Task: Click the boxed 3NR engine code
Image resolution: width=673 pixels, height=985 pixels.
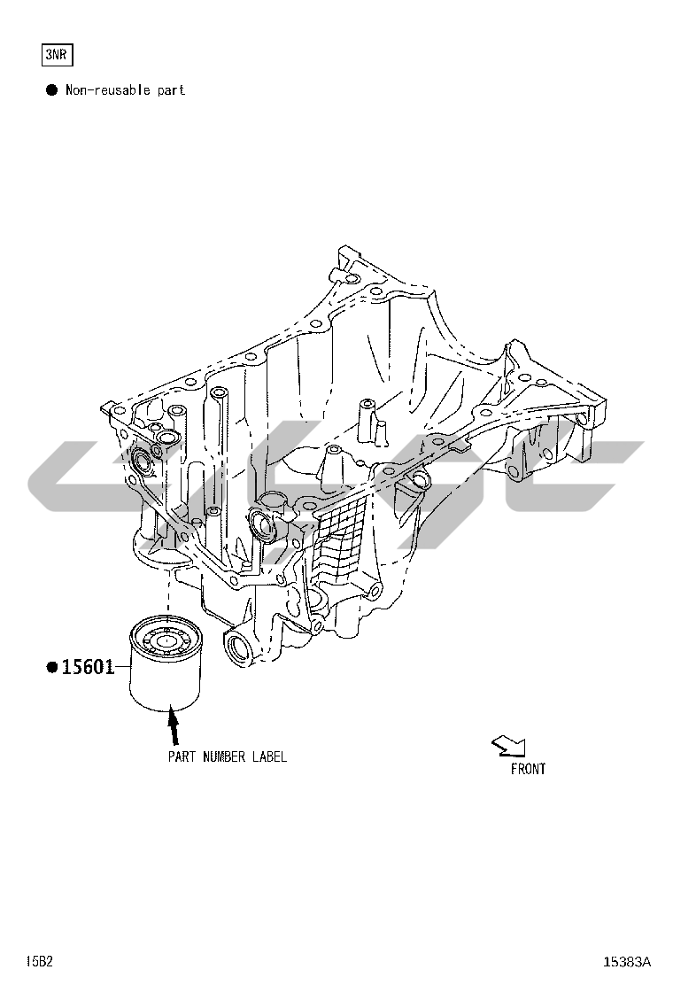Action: pos(58,55)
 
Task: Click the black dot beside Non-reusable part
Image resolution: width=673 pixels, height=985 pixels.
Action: pos(51,89)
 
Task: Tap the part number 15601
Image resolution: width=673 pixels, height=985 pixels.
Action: pos(89,666)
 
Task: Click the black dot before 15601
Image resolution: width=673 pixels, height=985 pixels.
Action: pos(52,666)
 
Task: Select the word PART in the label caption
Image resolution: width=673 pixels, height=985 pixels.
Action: pos(182,756)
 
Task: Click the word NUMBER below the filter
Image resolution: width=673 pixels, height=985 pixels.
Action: pos(224,756)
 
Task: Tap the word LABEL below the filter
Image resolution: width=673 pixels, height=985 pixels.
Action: pos(269,756)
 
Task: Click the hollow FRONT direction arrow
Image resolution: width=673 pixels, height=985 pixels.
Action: pos(508,746)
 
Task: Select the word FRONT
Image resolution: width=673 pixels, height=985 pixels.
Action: pos(528,769)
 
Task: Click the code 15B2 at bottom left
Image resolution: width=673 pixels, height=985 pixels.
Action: pos(40,961)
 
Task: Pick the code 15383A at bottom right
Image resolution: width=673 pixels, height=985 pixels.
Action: pos(627,961)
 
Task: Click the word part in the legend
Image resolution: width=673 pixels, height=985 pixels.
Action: pos(172,90)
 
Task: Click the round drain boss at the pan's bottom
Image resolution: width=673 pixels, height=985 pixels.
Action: pos(238,647)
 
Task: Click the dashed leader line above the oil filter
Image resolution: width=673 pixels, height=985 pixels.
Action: pos(168,593)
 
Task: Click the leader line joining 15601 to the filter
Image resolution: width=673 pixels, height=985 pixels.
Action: pos(123,666)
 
